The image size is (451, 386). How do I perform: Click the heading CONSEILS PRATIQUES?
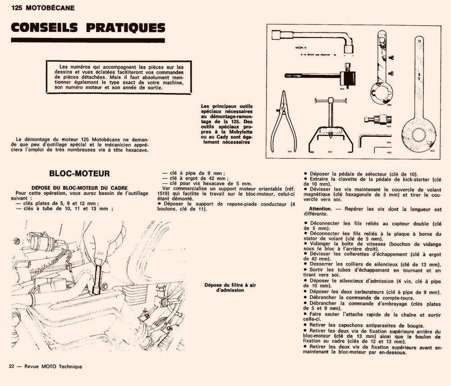tap(87, 28)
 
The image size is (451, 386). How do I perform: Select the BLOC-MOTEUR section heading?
tap(79, 173)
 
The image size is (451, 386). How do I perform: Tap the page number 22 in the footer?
tap(12, 367)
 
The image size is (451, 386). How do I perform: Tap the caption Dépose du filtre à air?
tap(224, 285)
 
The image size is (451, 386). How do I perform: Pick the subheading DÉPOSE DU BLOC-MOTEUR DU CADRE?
tap(79, 187)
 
